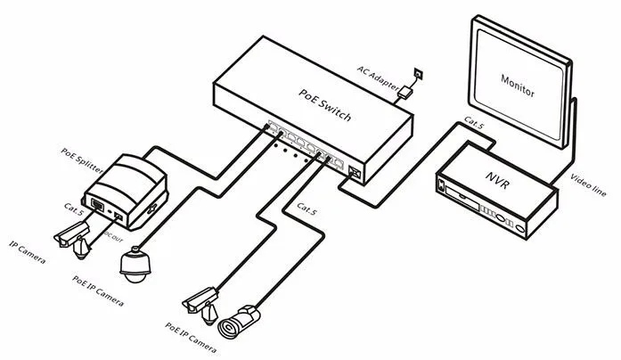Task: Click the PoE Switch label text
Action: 324,104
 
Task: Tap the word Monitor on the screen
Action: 518,86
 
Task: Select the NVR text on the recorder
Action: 497,180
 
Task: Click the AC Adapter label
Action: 378,78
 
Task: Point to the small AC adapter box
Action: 405,93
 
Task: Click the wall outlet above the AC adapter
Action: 418,74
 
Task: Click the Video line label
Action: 588,185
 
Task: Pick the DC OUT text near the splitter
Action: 114,237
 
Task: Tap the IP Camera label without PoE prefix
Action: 27,252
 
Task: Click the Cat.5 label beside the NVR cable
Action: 474,123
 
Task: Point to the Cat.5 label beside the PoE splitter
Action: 74,209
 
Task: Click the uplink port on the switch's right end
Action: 355,172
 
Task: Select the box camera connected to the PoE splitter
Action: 74,240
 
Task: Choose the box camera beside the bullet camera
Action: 200,305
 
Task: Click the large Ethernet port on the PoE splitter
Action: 97,205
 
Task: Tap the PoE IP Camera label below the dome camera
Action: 98,291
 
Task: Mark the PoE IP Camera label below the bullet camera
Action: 191,338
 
